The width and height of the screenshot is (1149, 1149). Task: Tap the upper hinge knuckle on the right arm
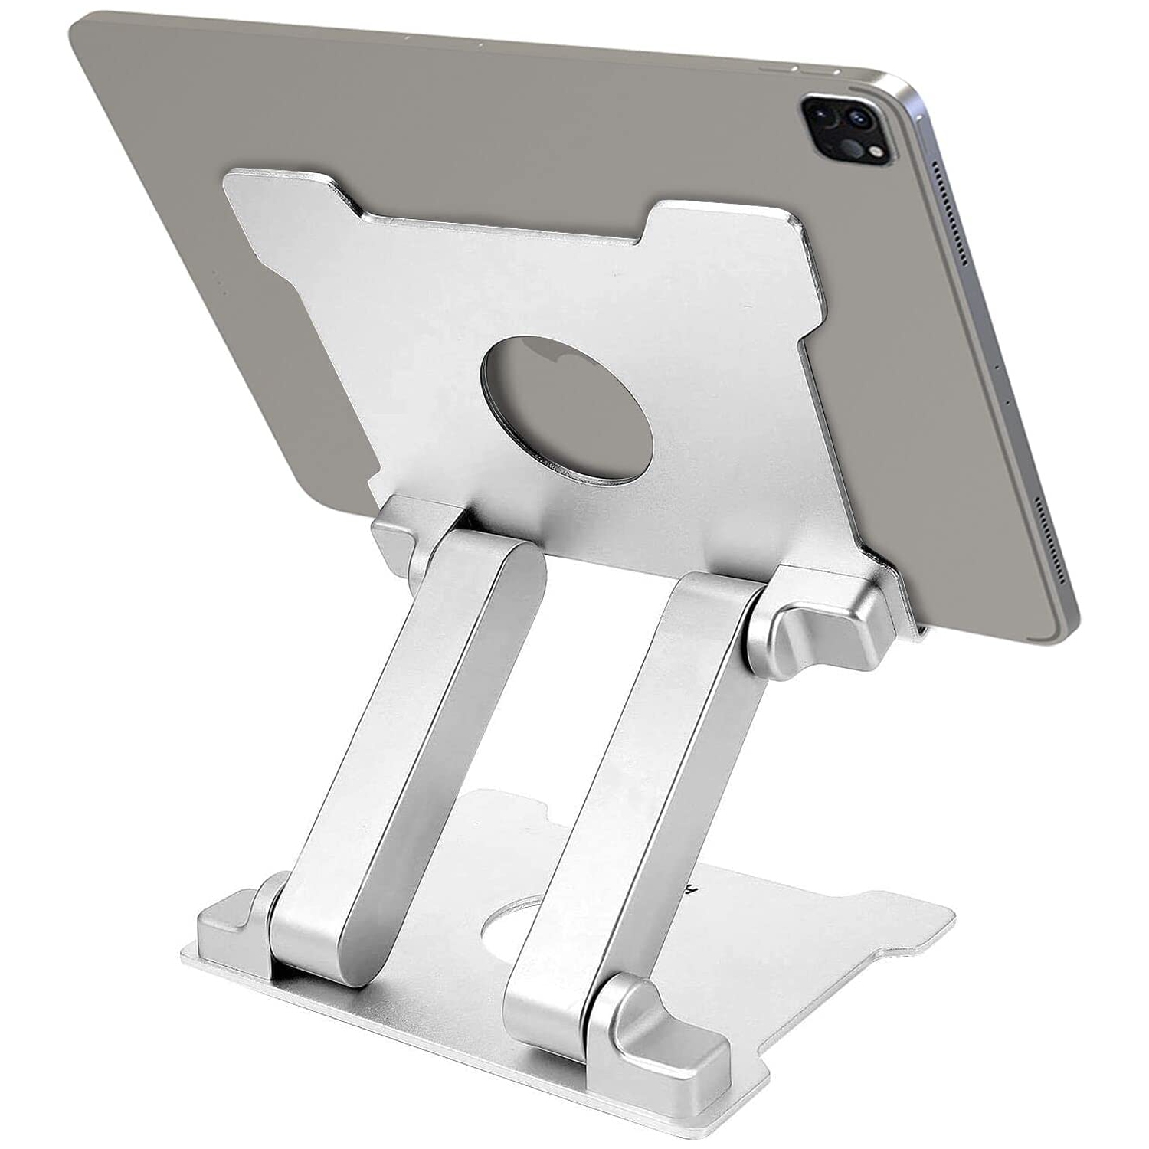tap(820, 636)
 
